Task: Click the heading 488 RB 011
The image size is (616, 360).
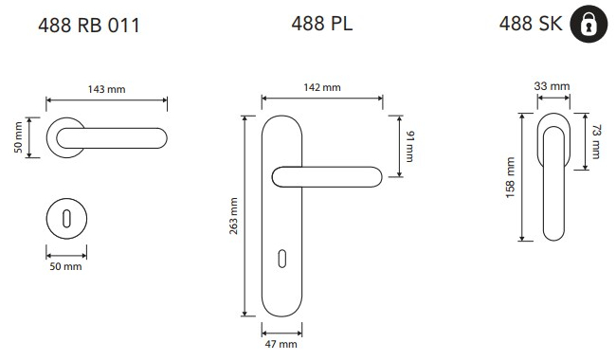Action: pos(89,26)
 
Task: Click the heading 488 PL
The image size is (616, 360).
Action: pos(322,23)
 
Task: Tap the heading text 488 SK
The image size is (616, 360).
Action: pos(531,23)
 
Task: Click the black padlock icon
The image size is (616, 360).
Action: pos(589,24)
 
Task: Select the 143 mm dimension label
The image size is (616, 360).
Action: pos(106,89)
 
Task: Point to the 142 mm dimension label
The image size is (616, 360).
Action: pos(322,87)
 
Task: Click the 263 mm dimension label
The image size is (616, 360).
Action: pos(233,216)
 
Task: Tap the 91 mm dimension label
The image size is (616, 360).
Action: pos(409,147)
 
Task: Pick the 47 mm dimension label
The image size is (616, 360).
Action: pos(281,344)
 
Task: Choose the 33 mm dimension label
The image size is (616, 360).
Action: pos(552,86)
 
